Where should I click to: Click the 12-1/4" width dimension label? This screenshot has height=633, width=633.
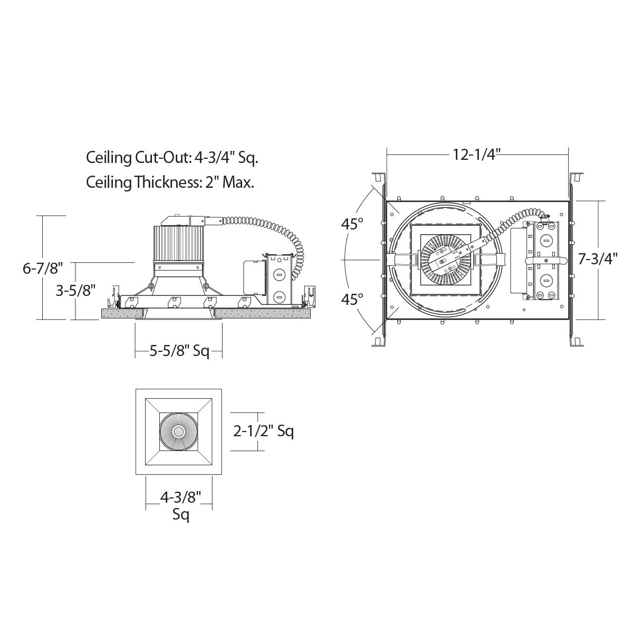coord(476,155)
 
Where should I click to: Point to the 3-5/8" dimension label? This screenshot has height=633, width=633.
coord(75,290)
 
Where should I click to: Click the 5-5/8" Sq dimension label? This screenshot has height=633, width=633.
coord(179,352)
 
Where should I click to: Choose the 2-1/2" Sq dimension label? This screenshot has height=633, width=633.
coord(263,431)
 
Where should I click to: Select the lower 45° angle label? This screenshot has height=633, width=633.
coord(352,299)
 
